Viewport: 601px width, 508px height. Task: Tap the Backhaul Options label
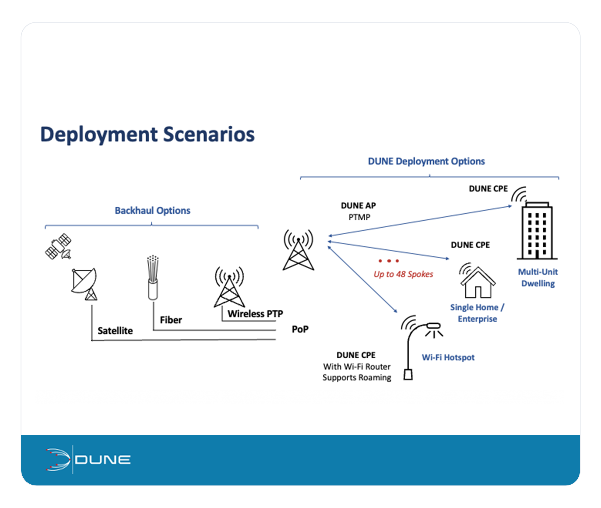coord(152,210)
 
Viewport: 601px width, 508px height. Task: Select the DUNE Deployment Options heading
coord(426,161)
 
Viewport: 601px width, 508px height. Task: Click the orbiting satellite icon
coord(58,246)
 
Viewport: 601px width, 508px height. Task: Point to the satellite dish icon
coord(85,283)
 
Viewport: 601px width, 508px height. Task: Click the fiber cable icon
coord(153,278)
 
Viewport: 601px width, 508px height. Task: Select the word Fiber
coord(171,320)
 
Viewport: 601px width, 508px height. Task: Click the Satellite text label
coord(115,331)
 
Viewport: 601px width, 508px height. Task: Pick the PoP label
coord(300,329)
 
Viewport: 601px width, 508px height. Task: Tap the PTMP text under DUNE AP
coord(359,217)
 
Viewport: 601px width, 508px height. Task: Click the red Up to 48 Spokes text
coord(403,274)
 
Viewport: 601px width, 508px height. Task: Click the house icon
coord(478,282)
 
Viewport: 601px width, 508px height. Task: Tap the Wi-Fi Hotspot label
coord(448,357)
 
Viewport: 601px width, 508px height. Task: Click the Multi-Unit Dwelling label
coord(537,278)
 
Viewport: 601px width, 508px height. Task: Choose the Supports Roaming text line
coord(357,378)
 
